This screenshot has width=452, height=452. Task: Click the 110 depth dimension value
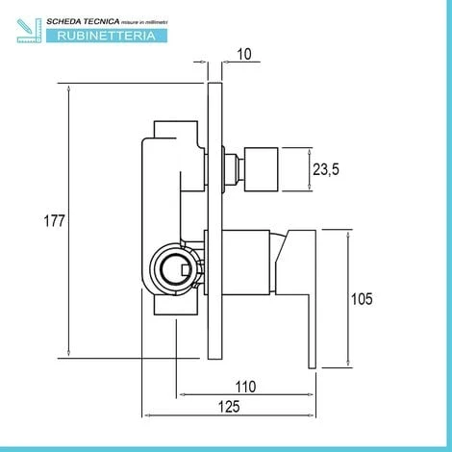tap(247, 387)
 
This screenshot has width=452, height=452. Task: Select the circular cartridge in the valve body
tap(175, 267)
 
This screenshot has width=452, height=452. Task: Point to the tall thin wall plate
tap(215, 221)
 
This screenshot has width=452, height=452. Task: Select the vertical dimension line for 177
tap(70, 221)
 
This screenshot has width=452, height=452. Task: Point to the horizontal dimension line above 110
tap(248, 394)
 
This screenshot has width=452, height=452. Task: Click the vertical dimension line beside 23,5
tap(310, 168)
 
